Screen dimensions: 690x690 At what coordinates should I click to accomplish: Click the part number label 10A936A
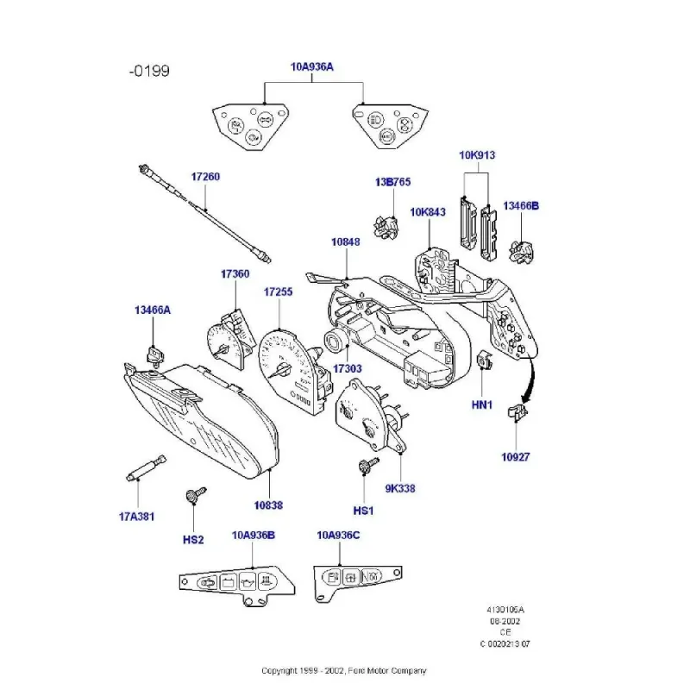312,66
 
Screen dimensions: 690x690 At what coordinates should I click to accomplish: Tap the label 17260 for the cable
205,177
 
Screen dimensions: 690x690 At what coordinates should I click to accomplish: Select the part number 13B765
392,182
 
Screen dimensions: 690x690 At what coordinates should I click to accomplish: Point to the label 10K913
477,155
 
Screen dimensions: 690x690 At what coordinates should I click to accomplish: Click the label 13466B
521,205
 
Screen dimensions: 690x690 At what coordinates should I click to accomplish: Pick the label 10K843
428,211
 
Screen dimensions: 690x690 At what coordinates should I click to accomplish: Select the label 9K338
401,488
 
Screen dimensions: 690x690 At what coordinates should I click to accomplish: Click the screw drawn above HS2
194,496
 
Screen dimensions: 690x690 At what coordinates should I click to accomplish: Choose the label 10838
267,505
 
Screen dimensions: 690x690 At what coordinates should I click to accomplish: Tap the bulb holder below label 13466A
155,354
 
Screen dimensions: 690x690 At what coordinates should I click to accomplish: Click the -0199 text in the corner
148,70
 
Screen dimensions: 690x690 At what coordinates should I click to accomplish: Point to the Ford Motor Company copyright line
344,670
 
